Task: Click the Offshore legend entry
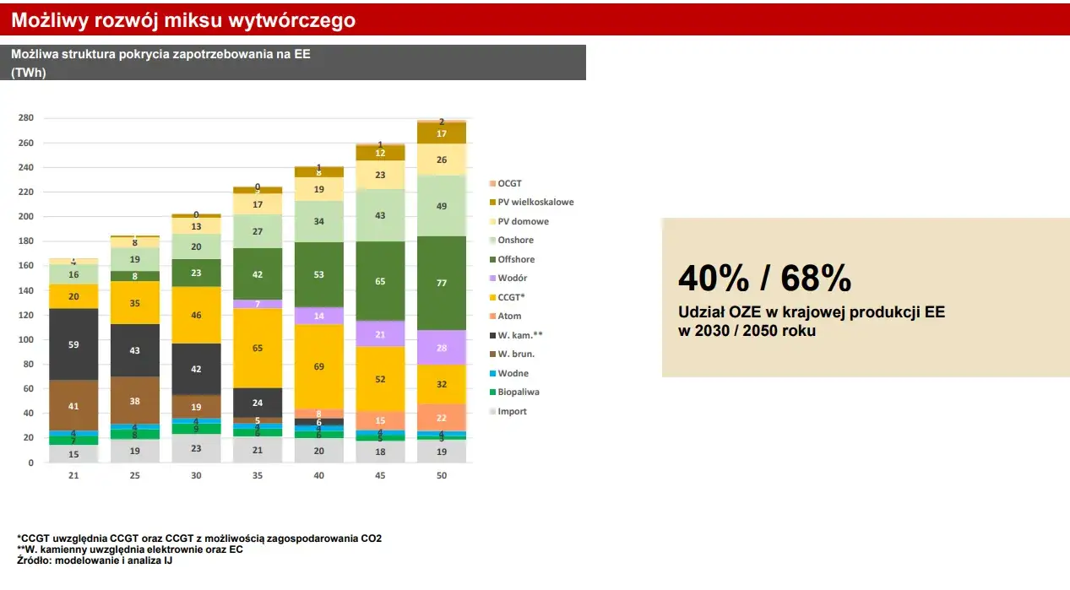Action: pyautogui.click(x=515, y=260)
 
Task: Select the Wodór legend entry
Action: pyautogui.click(x=513, y=279)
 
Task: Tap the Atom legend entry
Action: pyautogui.click(x=510, y=317)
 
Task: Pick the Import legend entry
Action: pyautogui.click(x=512, y=412)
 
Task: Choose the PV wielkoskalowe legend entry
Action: pyautogui.click(x=535, y=203)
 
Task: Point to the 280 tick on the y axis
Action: pyautogui.click(x=26, y=118)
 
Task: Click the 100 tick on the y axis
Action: pyautogui.click(x=26, y=340)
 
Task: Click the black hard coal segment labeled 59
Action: pyautogui.click(x=73, y=344)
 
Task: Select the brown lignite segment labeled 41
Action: pyautogui.click(x=73, y=406)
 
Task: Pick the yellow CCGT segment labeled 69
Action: pyautogui.click(x=319, y=367)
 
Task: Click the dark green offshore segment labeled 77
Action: pyautogui.click(x=442, y=284)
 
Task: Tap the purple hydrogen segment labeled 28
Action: pyautogui.click(x=442, y=348)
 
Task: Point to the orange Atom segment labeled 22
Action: pyautogui.click(x=442, y=418)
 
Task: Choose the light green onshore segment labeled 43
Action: pyautogui.click(x=380, y=216)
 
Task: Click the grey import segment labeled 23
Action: pyautogui.click(x=197, y=449)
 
